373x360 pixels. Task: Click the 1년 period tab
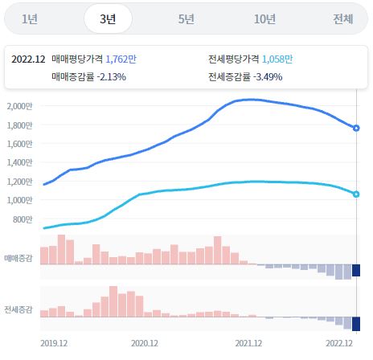[x=31, y=19]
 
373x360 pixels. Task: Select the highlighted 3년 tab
[x=108, y=19]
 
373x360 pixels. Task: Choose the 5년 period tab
[x=186, y=19]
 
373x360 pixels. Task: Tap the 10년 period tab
[x=264, y=19]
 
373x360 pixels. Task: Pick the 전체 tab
[x=342, y=19]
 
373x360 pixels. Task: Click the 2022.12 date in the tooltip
[x=29, y=59]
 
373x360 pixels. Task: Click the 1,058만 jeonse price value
[x=277, y=59]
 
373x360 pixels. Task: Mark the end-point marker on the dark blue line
[x=356, y=128]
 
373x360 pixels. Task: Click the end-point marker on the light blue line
[x=356, y=194]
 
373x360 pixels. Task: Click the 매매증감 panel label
[x=18, y=258]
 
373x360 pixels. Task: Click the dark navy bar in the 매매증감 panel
[x=356, y=270]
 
